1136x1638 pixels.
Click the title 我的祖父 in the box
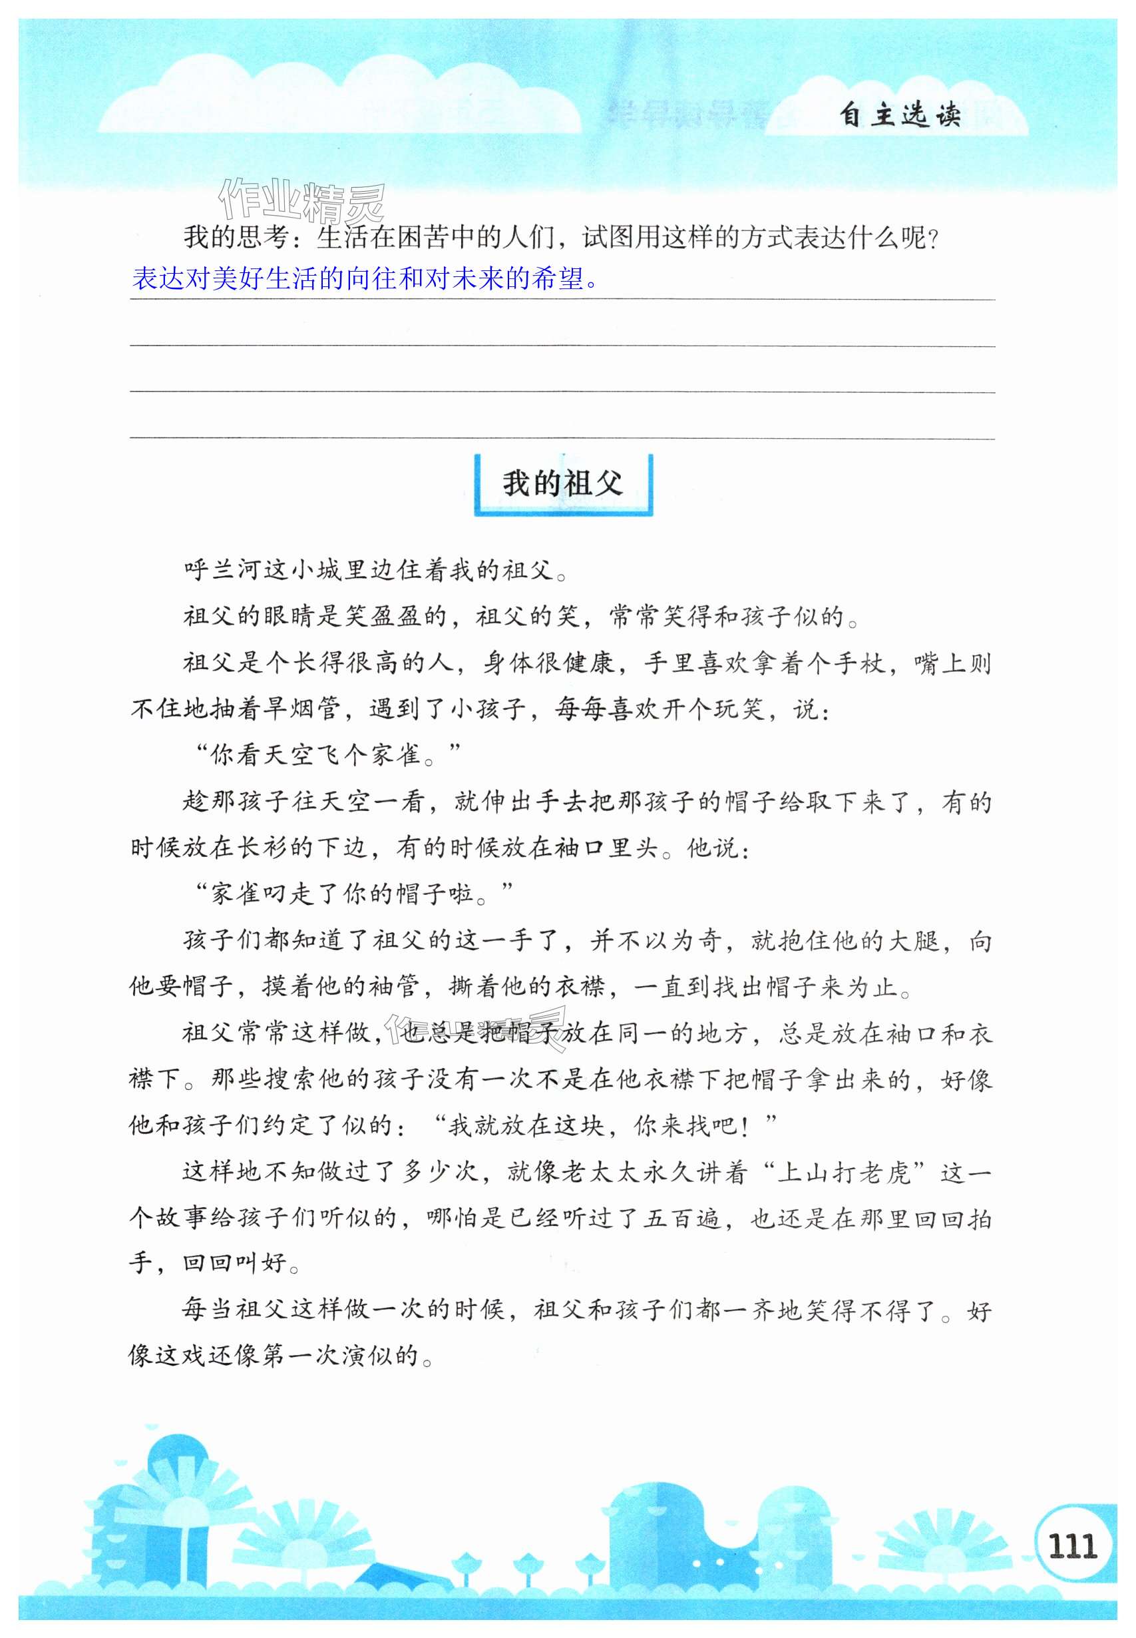(x=562, y=484)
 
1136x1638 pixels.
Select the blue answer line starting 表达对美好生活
(x=365, y=278)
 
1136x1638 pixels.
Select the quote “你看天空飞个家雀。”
(x=327, y=754)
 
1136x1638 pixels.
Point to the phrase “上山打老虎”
(x=850, y=1171)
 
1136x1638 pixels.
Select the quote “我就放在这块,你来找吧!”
(x=604, y=1125)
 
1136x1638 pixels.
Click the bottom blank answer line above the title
(x=562, y=438)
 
